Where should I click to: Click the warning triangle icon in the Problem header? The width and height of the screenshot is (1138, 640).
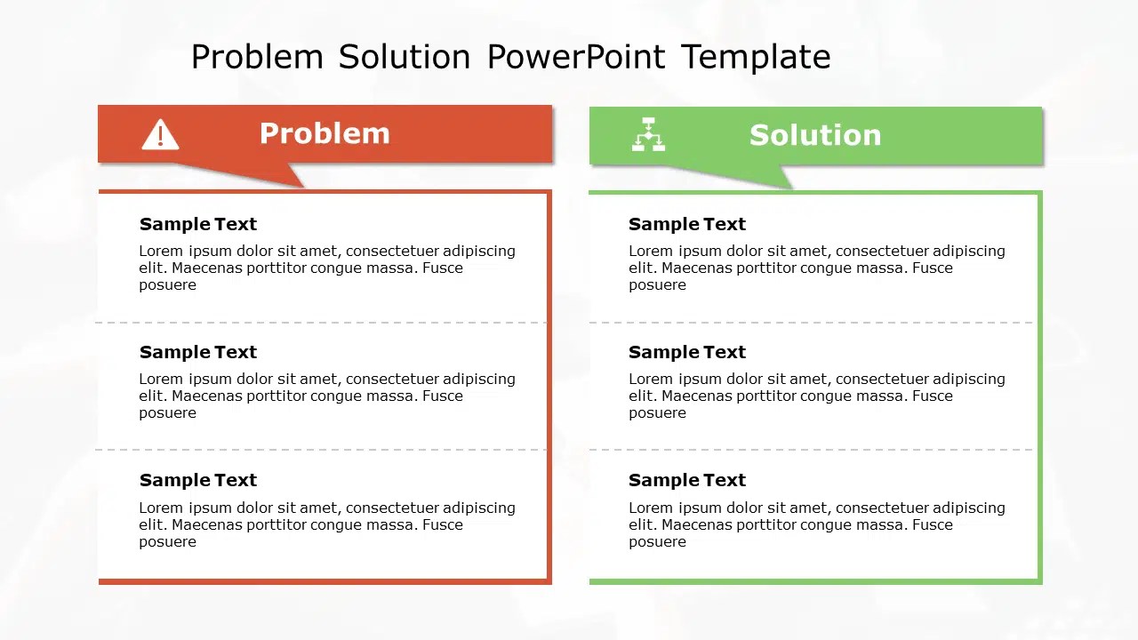click(x=160, y=135)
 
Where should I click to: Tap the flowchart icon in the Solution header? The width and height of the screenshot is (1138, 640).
click(x=648, y=134)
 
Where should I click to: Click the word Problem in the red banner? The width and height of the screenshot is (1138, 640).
click(x=325, y=133)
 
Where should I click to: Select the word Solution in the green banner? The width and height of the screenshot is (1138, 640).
click(x=814, y=135)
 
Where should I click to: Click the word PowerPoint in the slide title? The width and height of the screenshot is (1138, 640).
click(x=575, y=57)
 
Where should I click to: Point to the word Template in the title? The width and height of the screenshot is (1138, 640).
click(x=756, y=57)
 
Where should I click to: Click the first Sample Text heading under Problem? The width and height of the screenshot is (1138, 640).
click(x=197, y=224)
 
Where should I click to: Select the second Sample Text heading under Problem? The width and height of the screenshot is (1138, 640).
click(x=197, y=352)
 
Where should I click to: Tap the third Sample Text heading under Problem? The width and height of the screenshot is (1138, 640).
click(x=197, y=480)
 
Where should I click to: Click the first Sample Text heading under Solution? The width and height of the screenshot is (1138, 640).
click(x=686, y=224)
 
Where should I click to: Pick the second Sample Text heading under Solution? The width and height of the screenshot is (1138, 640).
click(x=686, y=352)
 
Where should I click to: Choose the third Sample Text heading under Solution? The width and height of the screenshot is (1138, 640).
click(x=686, y=480)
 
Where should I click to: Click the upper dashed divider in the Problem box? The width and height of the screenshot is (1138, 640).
click(x=320, y=323)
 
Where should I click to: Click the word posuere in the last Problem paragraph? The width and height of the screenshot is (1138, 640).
click(x=167, y=541)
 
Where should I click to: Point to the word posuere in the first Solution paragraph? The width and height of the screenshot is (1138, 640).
click(x=657, y=285)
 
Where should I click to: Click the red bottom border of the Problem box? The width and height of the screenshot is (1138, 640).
click(x=325, y=581)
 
